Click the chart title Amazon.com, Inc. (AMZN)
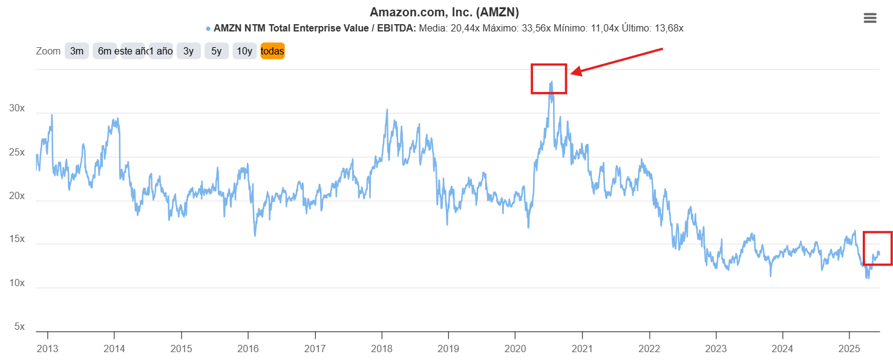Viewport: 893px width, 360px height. point(444,12)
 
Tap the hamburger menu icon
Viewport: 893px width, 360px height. point(870,18)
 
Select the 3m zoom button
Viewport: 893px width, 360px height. point(77,51)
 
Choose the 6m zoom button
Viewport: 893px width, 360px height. point(105,51)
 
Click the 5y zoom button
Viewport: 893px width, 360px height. point(216,51)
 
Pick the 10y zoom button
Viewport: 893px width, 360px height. point(244,51)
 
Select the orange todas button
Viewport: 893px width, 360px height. point(272,51)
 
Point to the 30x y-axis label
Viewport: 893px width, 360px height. point(17,108)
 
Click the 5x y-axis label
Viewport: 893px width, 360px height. point(19,327)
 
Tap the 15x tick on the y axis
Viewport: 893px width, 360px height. point(17,240)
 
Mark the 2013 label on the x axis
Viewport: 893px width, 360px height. point(47,349)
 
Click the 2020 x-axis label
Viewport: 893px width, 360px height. point(515,349)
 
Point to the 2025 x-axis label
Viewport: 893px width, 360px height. point(849,349)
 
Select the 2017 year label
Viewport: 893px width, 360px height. point(315,349)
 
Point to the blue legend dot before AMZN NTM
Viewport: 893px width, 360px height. point(208,28)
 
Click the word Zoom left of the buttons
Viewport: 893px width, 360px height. point(48,51)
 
